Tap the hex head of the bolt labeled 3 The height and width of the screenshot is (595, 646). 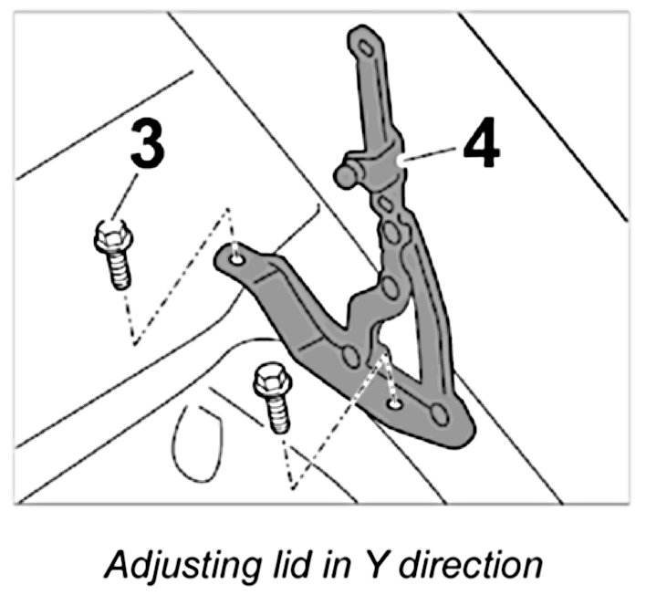tap(110, 239)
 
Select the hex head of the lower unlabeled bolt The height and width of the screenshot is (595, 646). tap(270, 381)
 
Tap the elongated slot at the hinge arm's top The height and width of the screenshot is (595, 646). tap(366, 47)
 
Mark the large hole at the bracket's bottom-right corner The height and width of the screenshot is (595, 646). tap(439, 414)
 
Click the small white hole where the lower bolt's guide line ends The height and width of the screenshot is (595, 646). tap(394, 402)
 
